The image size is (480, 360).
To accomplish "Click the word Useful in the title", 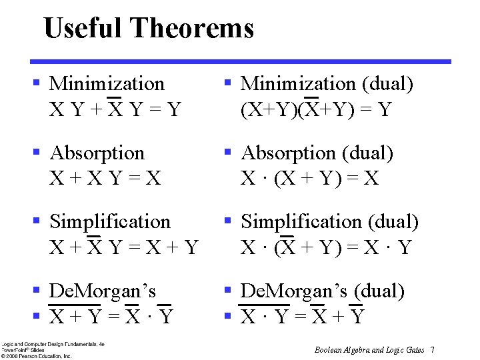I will coord(83,29).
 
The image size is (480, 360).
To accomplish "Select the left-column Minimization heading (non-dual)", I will coord(107,84).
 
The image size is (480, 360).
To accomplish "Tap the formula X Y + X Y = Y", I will coord(115,109).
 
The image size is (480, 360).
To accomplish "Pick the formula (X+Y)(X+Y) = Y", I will coord(316,109).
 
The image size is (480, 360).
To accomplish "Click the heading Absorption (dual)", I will coord(317,153).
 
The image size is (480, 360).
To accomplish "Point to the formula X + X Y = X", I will coord(105,178).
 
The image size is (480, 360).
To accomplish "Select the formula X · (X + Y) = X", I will coord(309,178).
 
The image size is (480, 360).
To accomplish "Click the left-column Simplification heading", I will coord(110,221).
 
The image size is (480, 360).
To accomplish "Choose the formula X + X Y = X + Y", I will coord(124,247).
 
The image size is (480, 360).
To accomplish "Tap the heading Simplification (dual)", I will coord(329,221).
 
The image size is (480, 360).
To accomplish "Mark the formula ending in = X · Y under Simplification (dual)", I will coord(327,247).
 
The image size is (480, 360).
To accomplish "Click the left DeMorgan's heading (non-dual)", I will coord(103,291).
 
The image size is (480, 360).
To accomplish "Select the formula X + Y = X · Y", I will coord(111,316).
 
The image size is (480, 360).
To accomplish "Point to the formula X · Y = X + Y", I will coord(303,316).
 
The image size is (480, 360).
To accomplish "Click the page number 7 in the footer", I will coord(433,350).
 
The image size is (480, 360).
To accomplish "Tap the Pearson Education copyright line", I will coord(36,356).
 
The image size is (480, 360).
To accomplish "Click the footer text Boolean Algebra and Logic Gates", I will coord(369,350).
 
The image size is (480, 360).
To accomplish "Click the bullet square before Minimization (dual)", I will coord(227,83).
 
